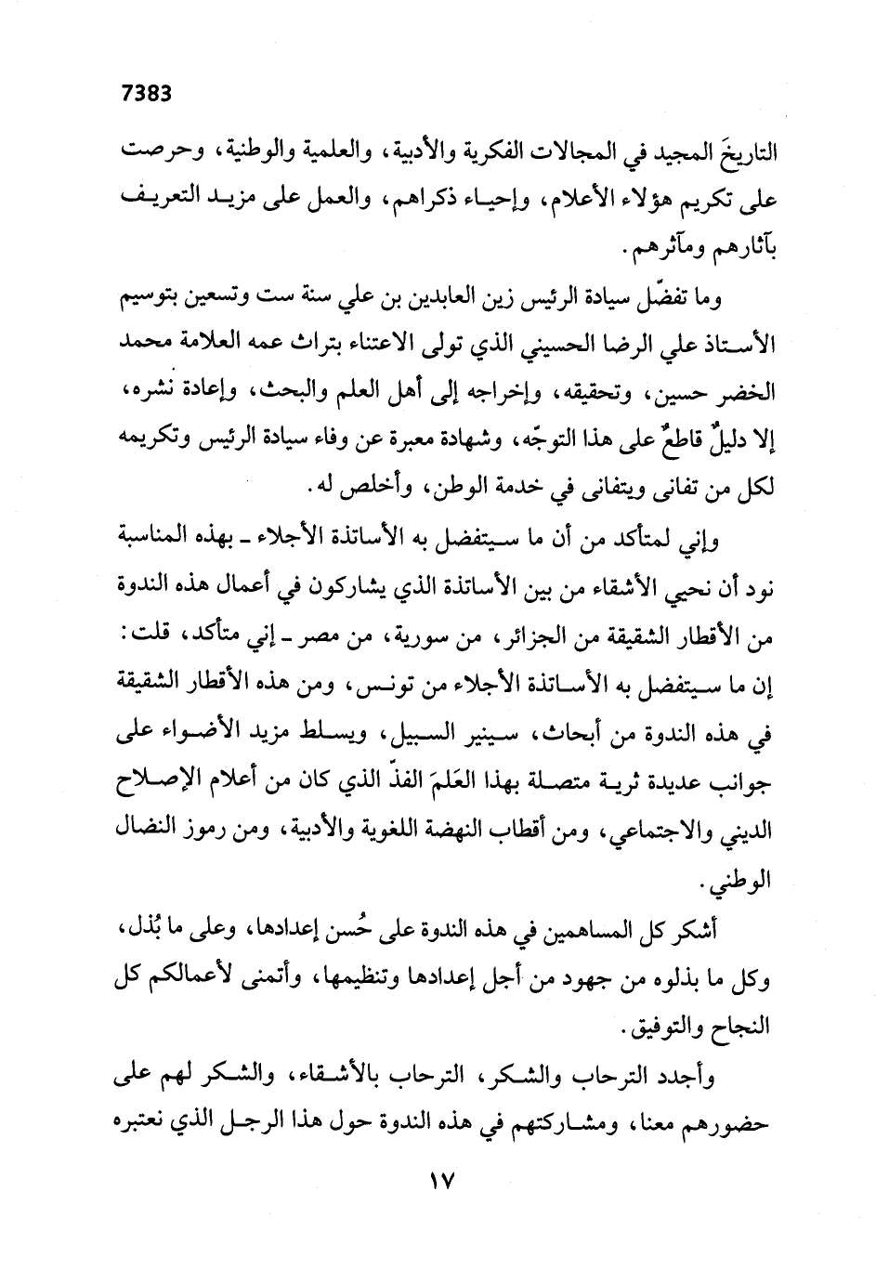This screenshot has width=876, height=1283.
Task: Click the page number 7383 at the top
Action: coord(149,93)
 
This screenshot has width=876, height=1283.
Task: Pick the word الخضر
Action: coord(746,393)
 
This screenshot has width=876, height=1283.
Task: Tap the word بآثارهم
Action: coord(739,250)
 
